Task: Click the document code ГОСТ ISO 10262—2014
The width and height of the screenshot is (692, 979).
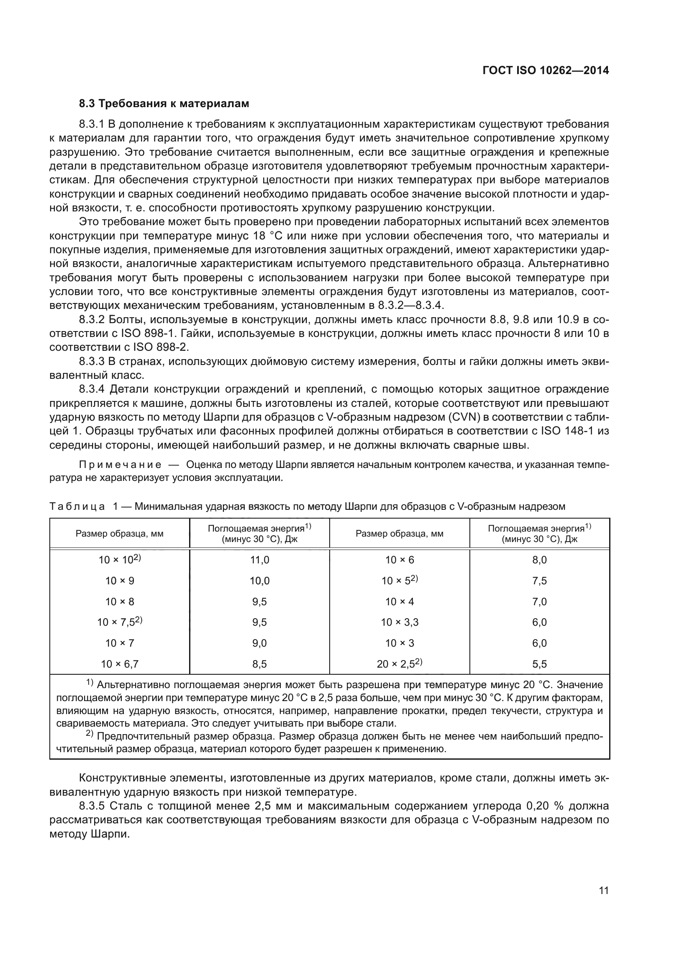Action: [546, 71]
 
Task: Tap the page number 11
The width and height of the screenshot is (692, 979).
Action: [604, 891]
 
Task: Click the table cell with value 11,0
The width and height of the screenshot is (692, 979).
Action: [259, 560]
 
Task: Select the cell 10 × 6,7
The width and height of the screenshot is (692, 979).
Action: [120, 664]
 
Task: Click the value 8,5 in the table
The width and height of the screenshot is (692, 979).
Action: [259, 664]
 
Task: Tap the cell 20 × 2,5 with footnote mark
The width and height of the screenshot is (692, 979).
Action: [399, 663]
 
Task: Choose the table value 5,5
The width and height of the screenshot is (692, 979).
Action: [539, 664]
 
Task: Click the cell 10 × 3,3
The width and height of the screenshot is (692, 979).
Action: [400, 622]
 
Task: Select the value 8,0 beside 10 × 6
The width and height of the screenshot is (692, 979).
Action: [539, 560]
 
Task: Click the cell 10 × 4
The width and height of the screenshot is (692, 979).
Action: [400, 601]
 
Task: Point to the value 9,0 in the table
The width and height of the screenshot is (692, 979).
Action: [259, 643]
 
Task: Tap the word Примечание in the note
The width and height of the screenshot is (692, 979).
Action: [120, 464]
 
